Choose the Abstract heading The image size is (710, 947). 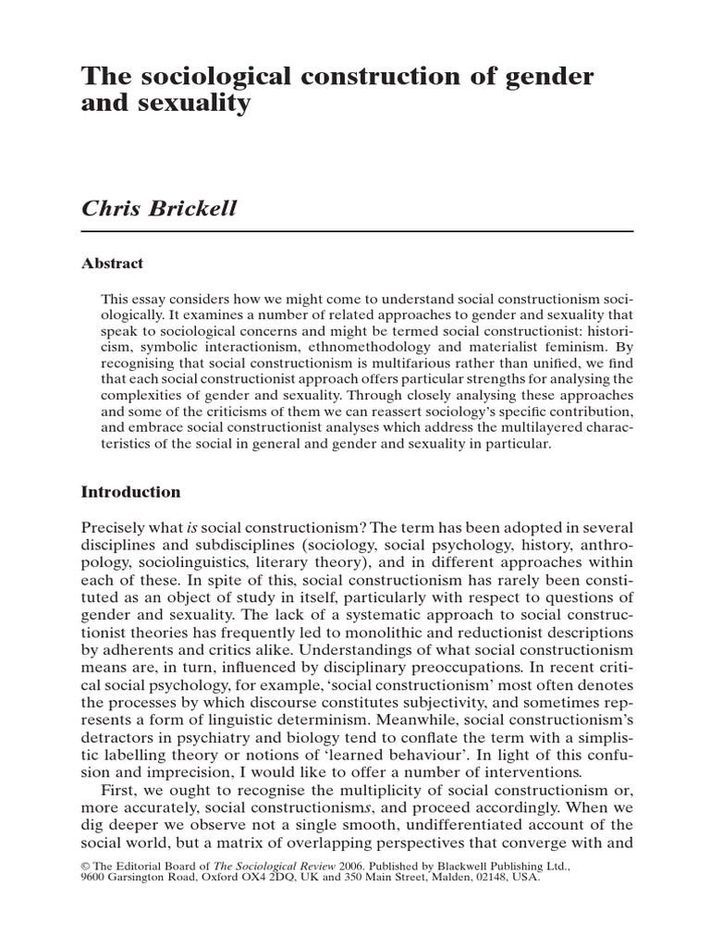pos(114,264)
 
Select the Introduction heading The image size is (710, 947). pos(132,492)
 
